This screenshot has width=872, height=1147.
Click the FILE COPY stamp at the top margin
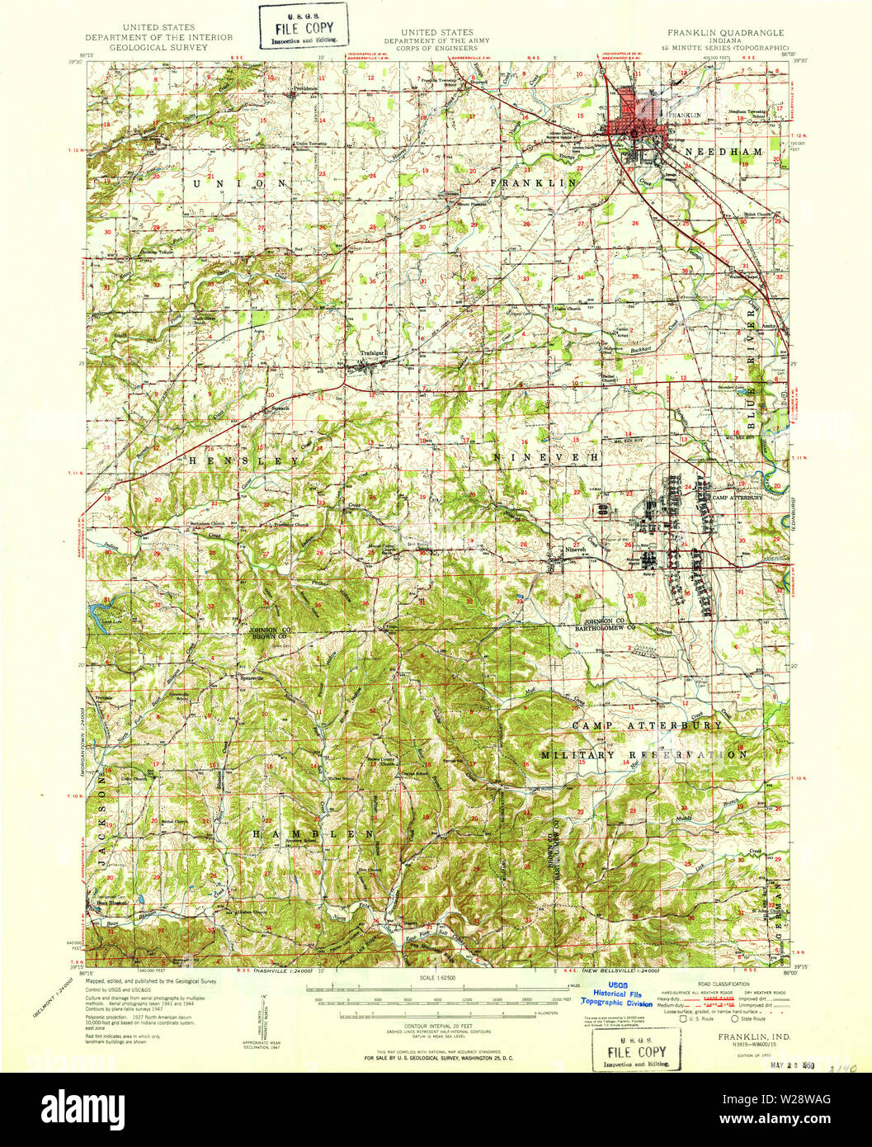[x=303, y=27]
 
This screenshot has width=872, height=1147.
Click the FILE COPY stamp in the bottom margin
[x=637, y=1050]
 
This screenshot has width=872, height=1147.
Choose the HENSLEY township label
[x=244, y=460]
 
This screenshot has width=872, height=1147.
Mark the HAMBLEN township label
[x=313, y=834]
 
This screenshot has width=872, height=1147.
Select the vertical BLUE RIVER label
[x=752, y=372]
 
